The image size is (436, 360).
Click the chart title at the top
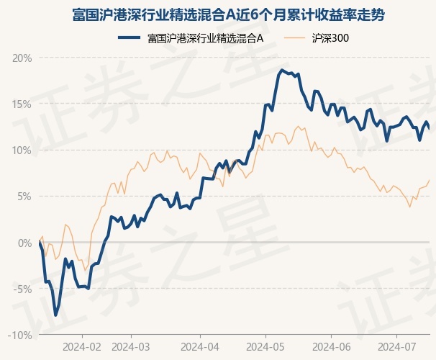pos(228,14)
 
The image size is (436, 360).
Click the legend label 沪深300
pos(330,38)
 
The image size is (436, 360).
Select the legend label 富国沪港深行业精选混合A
pos(206,38)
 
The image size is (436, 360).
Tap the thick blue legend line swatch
pos(129,37)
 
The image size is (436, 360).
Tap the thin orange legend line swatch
pos(294,37)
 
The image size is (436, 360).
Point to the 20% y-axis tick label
pos(22,58)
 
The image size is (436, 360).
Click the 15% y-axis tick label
pos(22,104)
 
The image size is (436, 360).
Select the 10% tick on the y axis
pos(22,150)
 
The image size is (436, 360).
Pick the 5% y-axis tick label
pos(24,197)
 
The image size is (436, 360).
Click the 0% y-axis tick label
pos(25,243)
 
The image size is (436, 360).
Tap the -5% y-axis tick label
pos(22,289)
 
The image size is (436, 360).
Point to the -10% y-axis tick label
pos(20,336)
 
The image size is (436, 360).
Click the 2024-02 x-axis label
pos(82,347)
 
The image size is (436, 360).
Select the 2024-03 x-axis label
pos(131,347)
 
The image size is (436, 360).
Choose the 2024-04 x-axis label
pos(200,347)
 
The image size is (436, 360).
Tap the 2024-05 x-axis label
pos(265,347)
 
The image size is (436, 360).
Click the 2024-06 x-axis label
pos(332,347)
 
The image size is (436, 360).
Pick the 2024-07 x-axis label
pos(397,347)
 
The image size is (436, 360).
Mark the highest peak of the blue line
pos(282,70)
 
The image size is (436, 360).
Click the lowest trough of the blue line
pos(55,315)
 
